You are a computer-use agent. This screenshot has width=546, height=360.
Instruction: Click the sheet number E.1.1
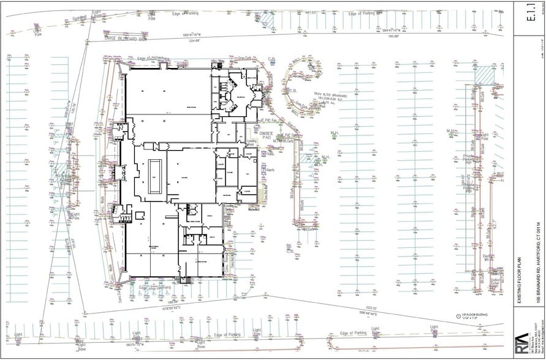(528, 15)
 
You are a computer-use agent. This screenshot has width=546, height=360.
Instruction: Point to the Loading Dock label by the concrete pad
(252, 143)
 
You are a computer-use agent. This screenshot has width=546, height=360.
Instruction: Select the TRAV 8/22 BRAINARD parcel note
(330, 96)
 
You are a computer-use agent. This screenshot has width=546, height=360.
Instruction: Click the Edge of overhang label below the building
(155, 287)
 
